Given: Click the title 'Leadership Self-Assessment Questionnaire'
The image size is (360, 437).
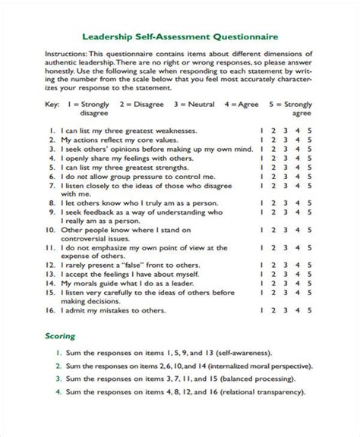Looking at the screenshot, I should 179,36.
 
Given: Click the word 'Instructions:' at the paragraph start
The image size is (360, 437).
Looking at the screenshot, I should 66,55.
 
